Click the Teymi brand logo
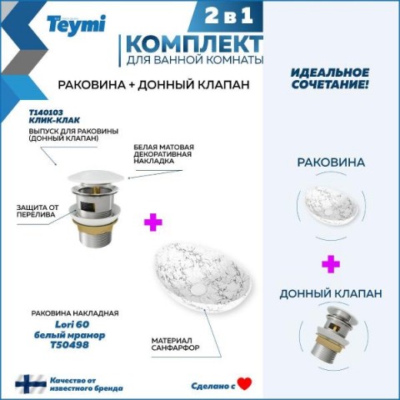point(77,25)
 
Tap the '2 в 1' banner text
point(229,16)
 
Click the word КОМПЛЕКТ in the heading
point(194,44)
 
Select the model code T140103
point(46,112)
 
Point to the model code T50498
point(69,345)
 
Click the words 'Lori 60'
point(72,324)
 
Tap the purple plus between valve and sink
point(153,222)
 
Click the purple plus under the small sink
point(331,264)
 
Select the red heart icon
point(244,384)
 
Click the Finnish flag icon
point(31,384)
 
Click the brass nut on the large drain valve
point(95,227)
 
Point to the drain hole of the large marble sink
point(198,290)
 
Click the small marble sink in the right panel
point(331,205)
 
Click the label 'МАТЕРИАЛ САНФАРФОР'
point(175,344)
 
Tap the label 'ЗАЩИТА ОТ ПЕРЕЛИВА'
point(37,211)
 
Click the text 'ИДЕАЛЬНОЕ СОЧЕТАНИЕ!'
point(330,78)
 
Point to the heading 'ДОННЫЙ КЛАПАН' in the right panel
point(331,294)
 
